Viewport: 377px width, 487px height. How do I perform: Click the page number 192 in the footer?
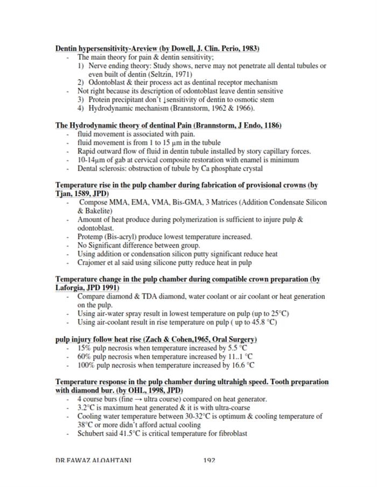(210, 460)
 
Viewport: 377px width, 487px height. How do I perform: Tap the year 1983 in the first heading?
(249, 49)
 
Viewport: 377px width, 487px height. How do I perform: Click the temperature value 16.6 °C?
(242, 365)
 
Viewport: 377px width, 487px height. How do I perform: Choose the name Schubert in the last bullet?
(92, 434)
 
